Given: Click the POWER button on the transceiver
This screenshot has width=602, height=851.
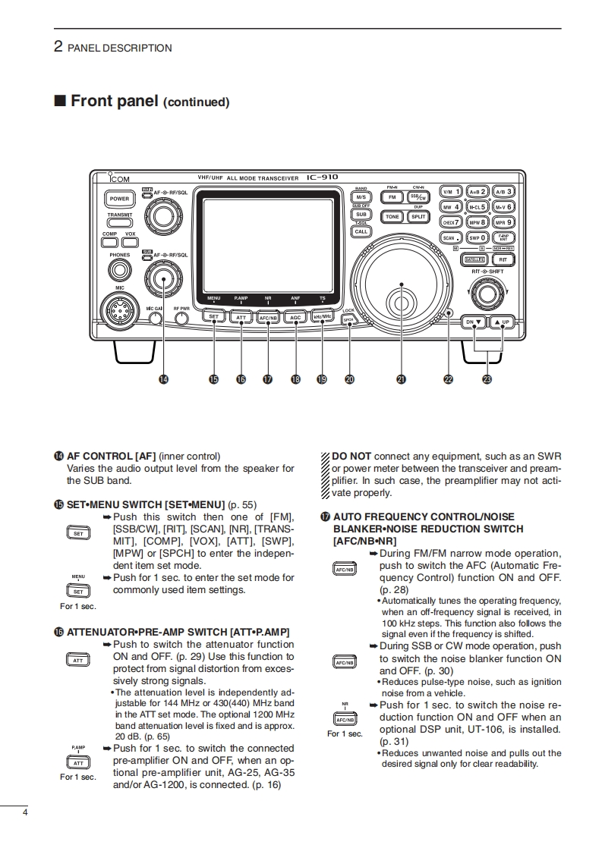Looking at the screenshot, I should click(119, 199).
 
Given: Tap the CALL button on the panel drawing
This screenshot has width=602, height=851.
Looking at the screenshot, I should click(361, 231).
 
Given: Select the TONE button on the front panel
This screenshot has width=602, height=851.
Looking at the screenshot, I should click(392, 216).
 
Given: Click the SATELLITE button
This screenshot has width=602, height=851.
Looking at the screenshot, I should click(474, 259).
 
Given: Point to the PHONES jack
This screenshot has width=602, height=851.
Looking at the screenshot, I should click(118, 270).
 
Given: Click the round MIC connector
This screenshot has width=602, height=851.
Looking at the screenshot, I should click(120, 310).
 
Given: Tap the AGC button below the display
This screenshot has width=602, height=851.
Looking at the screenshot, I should click(295, 318).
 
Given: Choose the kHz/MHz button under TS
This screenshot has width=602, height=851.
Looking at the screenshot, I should click(322, 318).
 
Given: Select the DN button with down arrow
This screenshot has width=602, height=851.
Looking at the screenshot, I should click(474, 322).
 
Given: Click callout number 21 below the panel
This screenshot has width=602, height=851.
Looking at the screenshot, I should click(400, 380).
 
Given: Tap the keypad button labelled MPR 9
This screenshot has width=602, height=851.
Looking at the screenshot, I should click(503, 222).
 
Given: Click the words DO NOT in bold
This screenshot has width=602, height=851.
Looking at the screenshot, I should click(351, 456).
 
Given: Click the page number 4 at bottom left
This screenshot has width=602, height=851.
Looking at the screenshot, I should click(25, 814).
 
